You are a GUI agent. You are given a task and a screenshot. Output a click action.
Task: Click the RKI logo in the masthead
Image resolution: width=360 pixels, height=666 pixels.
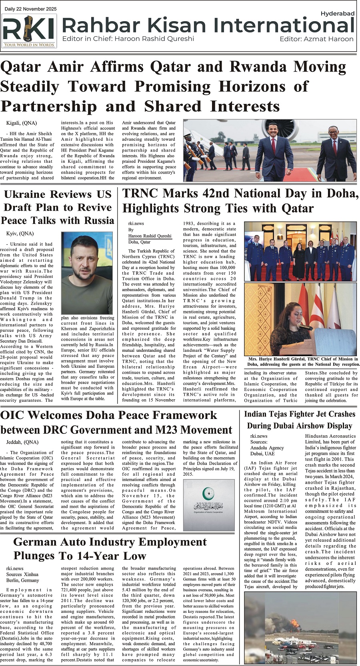[29, 31]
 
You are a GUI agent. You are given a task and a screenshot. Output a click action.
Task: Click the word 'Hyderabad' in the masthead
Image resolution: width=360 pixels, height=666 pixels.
[337, 14]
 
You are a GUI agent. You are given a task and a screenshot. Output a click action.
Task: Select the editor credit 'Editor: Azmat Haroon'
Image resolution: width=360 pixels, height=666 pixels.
[316, 39]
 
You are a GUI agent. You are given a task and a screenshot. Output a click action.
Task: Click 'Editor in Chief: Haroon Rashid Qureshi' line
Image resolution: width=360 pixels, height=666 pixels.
[128, 39]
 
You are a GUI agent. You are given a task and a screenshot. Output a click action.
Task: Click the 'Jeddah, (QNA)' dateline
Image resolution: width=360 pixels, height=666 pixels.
[22, 442]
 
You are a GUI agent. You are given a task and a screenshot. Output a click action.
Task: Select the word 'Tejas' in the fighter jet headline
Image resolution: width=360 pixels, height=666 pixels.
[280, 414]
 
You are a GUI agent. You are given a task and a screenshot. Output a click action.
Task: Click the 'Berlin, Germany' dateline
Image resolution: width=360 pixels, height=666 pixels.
[23, 580]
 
